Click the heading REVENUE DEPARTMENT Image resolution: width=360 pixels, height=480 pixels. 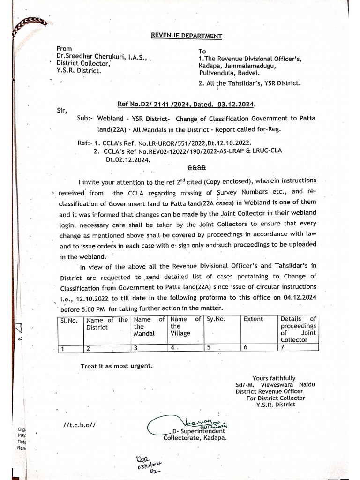click(x=180, y=36)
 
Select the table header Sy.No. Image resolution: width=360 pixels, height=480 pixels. click(x=216, y=319)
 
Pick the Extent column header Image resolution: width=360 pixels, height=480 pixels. click(x=253, y=319)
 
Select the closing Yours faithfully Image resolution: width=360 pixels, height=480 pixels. click(x=274, y=378)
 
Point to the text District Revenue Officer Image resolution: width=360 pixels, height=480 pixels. click(x=269, y=391)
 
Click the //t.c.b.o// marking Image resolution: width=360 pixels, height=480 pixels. click(x=80, y=425)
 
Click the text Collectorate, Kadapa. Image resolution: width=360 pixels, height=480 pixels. click(x=195, y=438)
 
